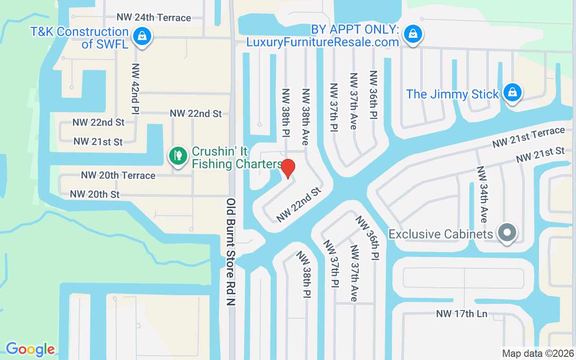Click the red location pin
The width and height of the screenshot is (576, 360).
288,168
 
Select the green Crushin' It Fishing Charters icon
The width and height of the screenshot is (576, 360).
178,156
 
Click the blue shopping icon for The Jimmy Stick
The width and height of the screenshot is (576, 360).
512,92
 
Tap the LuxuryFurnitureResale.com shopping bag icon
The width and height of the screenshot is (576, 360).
412,33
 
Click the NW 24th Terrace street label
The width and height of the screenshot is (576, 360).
154,18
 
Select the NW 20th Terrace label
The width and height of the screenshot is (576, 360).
118,175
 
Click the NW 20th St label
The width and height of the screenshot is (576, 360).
95,194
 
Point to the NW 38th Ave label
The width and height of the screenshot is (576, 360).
306,116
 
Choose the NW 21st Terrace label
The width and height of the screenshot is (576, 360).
528,137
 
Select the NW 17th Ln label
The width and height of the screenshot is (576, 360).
462,314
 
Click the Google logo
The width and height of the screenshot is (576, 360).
30,349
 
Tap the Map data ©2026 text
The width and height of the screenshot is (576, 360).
538,353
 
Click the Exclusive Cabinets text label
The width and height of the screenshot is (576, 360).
441,234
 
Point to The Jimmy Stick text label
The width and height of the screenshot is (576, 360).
453,94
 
